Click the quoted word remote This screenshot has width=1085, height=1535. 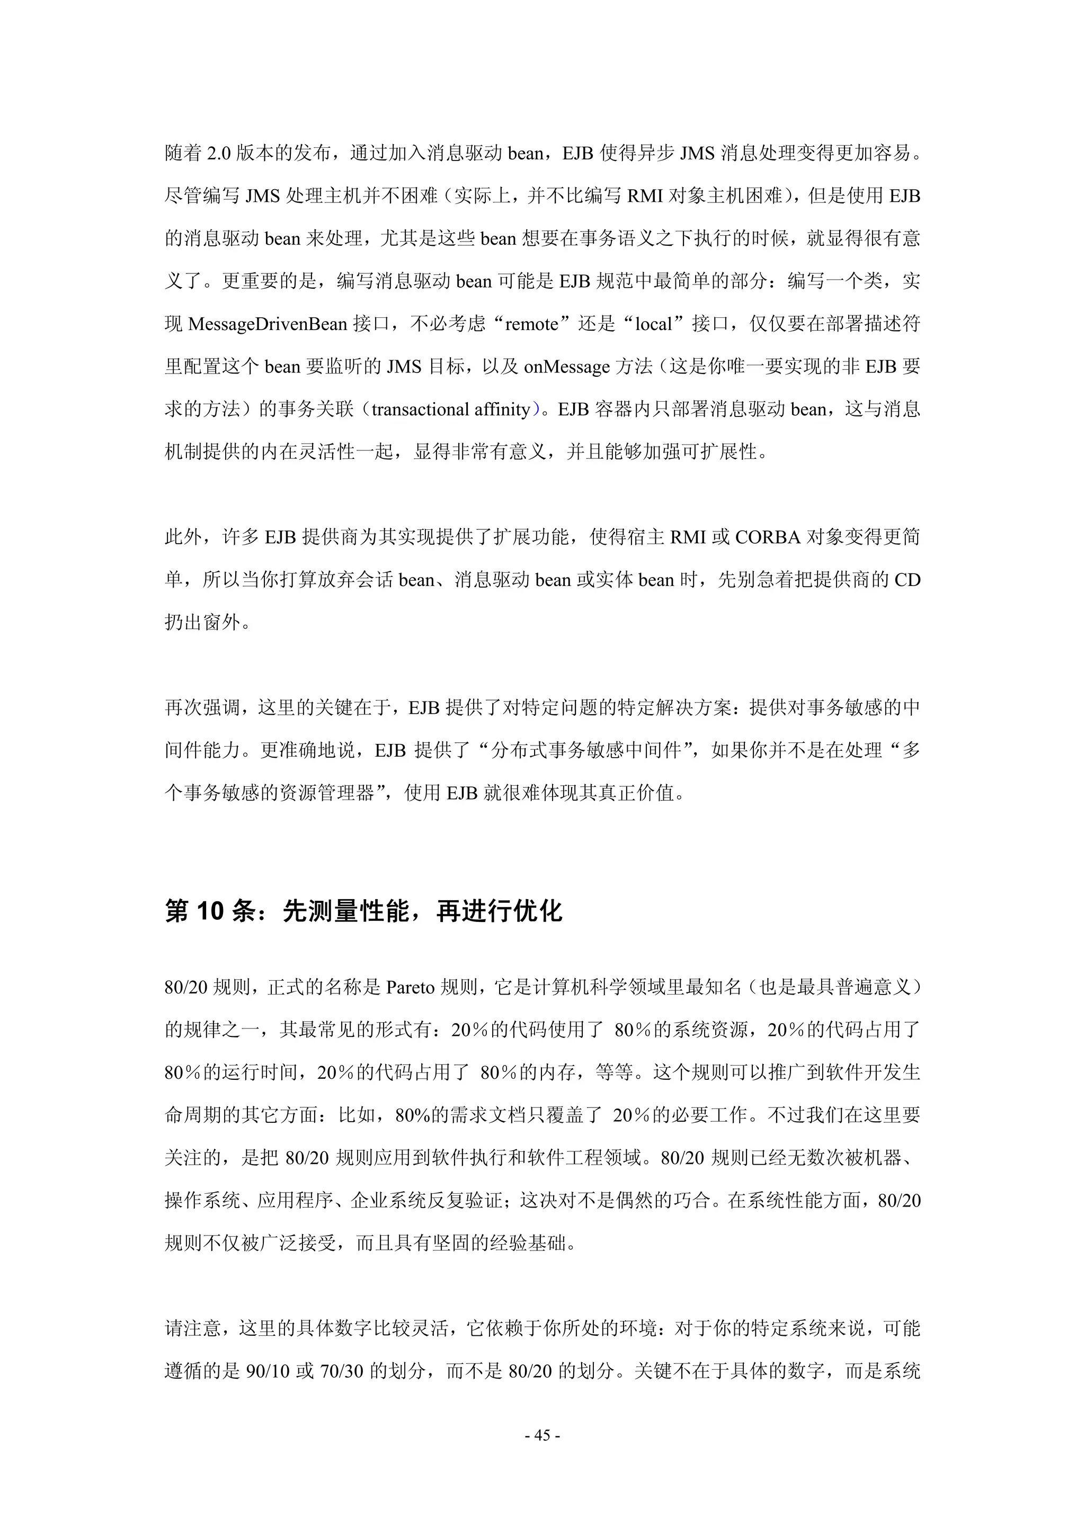pyautogui.click(x=531, y=325)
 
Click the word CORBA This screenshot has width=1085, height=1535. pyautogui.click(x=768, y=537)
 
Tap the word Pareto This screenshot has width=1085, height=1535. pyautogui.click(x=411, y=988)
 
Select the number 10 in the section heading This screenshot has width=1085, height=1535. pyautogui.click(x=210, y=912)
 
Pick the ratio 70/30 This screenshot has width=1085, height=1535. pyautogui.click(x=342, y=1372)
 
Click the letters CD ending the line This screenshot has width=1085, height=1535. pyautogui.click(x=906, y=580)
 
